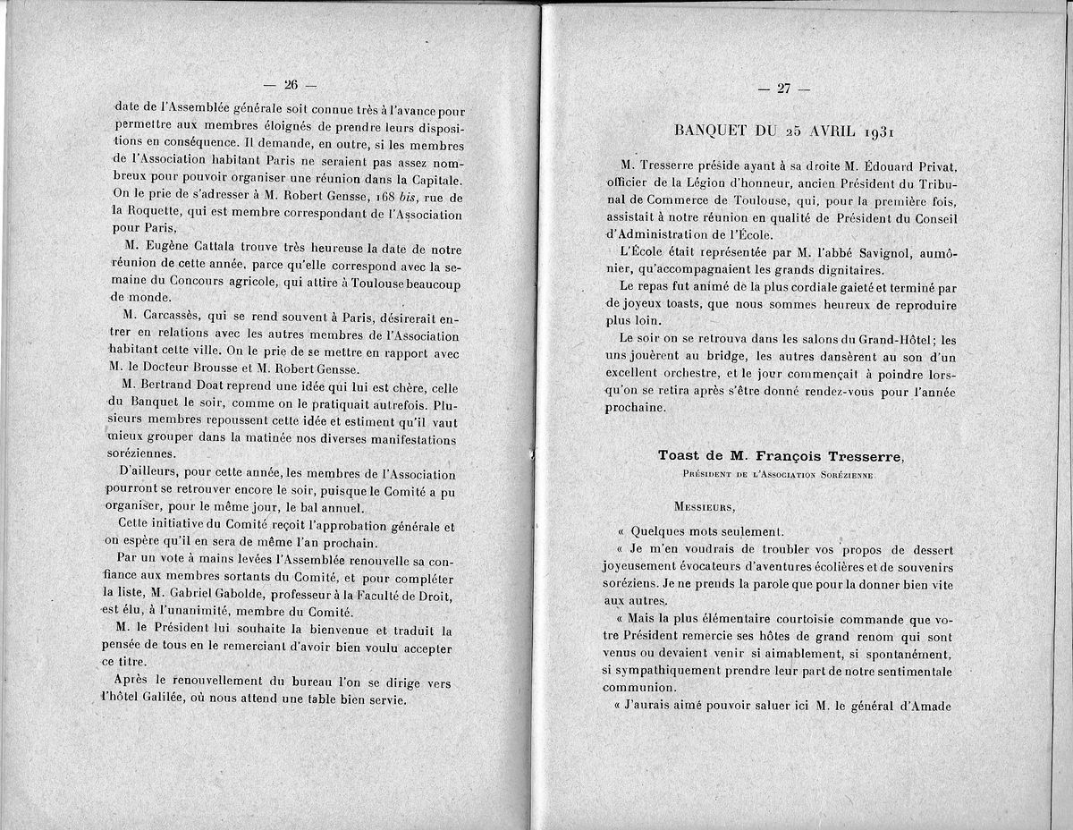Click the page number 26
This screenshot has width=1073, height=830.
pyautogui.click(x=290, y=85)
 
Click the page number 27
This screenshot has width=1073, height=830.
pyautogui.click(x=784, y=88)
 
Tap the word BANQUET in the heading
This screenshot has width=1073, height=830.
pyautogui.click(x=713, y=131)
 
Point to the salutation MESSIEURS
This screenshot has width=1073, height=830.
pyautogui.click(x=705, y=507)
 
